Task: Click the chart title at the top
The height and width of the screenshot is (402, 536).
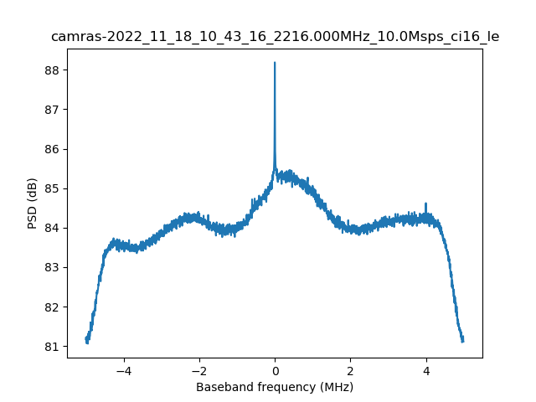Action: tap(275, 37)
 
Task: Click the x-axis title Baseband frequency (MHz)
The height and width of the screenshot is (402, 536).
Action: tap(275, 387)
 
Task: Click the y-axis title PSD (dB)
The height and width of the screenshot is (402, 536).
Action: tap(33, 204)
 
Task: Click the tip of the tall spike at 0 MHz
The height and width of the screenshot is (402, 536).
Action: tap(275, 63)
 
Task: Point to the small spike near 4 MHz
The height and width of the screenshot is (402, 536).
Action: tap(425, 204)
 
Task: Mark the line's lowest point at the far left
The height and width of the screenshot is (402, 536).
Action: tap(87, 343)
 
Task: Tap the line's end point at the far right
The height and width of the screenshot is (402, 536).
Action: tap(462, 340)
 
